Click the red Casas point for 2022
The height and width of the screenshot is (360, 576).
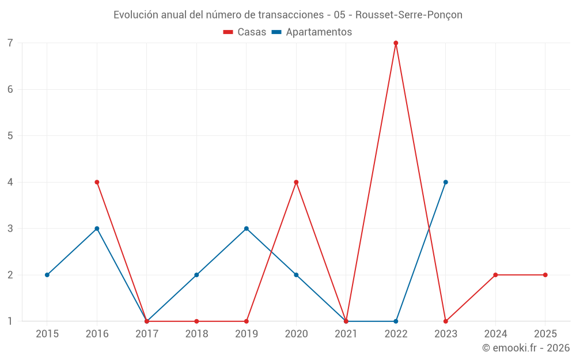tap(396, 43)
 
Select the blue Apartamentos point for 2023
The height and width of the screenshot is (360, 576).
tap(445, 182)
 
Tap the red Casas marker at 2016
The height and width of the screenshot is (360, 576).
tap(97, 182)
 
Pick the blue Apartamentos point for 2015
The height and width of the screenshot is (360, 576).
tap(47, 275)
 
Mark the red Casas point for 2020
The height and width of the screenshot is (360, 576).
tap(296, 182)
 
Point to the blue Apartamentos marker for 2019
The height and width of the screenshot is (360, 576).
tap(247, 229)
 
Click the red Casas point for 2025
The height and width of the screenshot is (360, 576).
tap(545, 275)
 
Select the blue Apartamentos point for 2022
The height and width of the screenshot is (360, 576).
tap(396, 321)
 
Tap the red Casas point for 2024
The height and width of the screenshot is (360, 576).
tap(495, 275)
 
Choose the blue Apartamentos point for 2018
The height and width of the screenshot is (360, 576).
tap(196, 275)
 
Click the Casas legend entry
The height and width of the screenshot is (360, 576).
tap(245, 32)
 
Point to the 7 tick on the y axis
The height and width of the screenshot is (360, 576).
tap(10, 43)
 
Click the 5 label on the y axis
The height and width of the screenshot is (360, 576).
tap(10, 136)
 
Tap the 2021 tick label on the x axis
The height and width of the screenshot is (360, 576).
tap(346, 334)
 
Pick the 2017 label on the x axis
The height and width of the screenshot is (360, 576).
tap(147, 334)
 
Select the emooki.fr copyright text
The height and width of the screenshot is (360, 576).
tap(525, 348)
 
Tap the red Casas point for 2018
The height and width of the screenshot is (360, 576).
tap(196, 321)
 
